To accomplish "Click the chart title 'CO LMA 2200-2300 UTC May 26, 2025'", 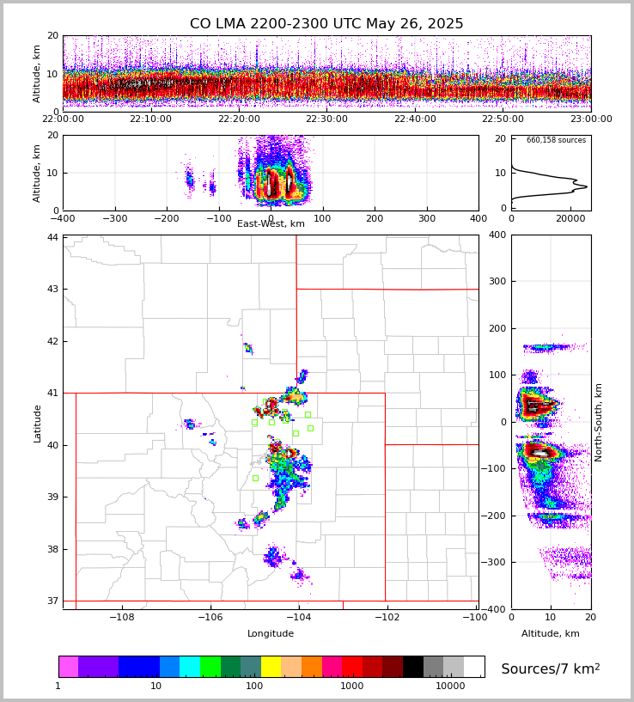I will coord(326,24).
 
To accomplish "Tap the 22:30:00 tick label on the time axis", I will coord(327,119).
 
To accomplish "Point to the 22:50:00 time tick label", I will coord(503,119).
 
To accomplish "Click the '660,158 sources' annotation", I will coord(556,140).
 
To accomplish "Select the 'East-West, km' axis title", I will coord(271,224).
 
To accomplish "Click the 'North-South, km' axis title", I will coord(599,422).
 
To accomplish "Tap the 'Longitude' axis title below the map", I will coord(271,634).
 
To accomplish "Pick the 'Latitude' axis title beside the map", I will coord(38,423).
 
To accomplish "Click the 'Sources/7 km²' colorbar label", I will coord(551,668).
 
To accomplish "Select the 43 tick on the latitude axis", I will coord(52,289).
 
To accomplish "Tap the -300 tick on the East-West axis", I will coord(114,219).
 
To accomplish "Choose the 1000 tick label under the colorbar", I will coord(351,687).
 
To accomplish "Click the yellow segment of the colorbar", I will coord(271,667).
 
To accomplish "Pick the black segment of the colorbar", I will coord(412,667).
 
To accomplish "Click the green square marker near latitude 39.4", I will coord(255,478).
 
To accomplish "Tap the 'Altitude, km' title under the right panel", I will coord(551,634).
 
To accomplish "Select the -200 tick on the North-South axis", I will coord(494,516).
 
